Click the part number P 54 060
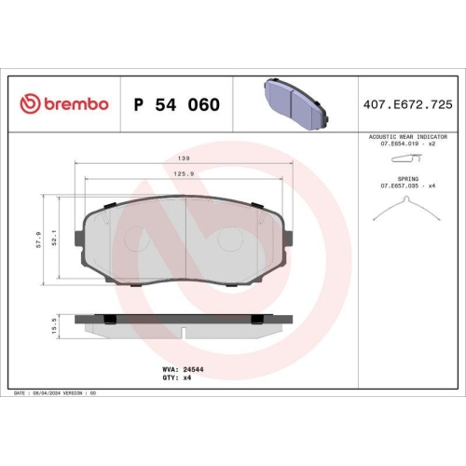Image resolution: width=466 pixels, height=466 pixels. (177, 103)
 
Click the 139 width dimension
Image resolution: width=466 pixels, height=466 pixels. (186, 159)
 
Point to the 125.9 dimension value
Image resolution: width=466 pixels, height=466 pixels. (186, 172)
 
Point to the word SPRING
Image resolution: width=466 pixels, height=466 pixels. (407, 178)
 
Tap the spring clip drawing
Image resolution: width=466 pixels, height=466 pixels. (407, 212)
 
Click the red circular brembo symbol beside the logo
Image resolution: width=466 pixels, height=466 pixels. (28, 103)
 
